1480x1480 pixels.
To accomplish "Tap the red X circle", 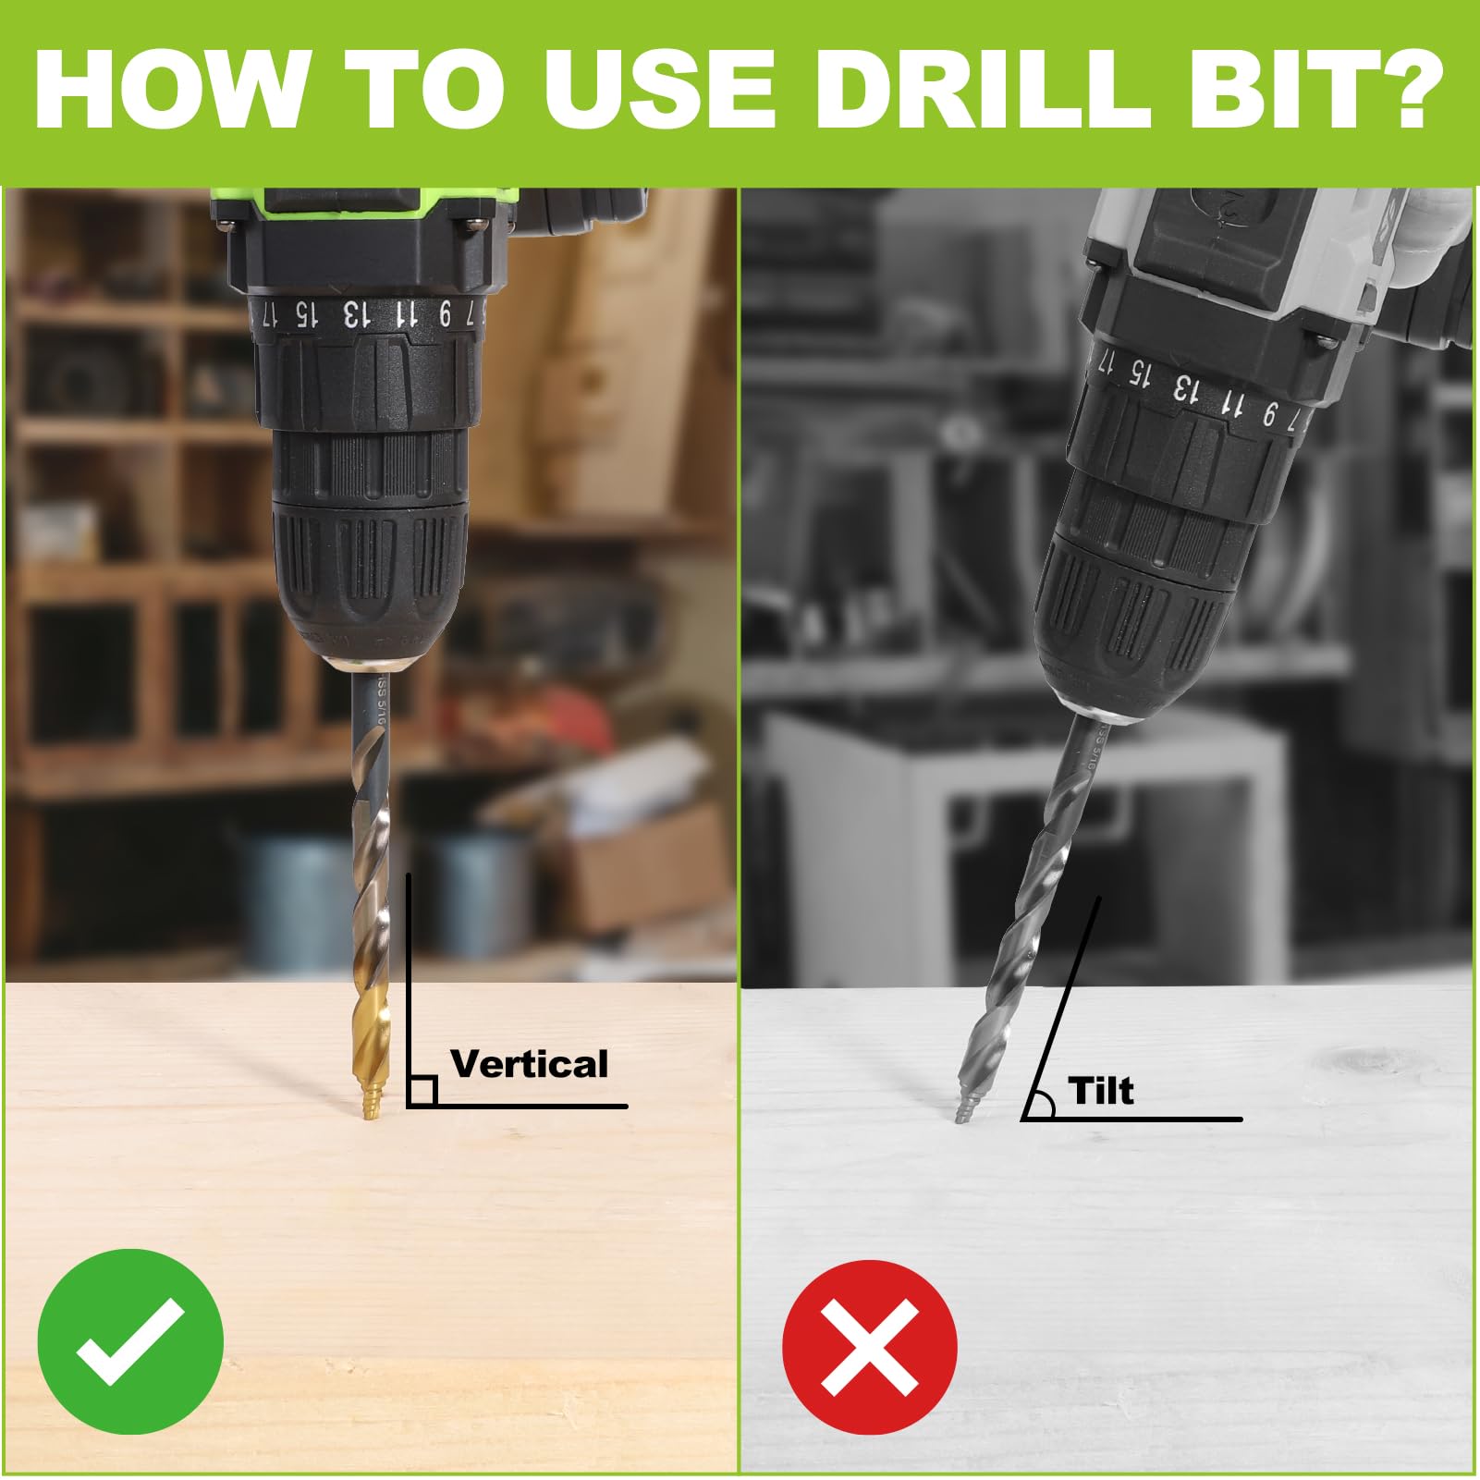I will tap(869, 1342).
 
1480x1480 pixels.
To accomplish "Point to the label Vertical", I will tap(529, 1064).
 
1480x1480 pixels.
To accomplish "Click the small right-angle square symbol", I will tap(422, 1091).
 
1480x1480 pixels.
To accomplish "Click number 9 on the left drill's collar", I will tap(445, 316).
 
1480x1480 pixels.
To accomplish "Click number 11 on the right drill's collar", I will tap(1230, 402).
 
